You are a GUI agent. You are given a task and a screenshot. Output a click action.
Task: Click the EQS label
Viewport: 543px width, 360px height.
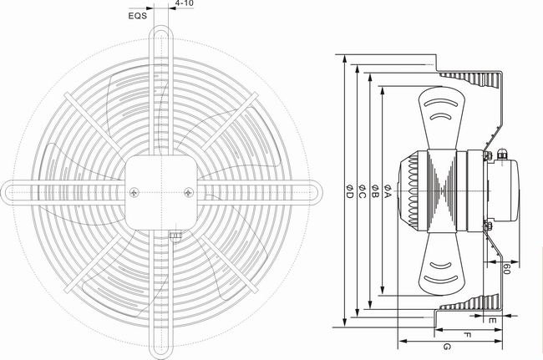coord(138,16)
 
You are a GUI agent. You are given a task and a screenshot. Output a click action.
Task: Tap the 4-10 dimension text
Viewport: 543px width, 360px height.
coord(185,3)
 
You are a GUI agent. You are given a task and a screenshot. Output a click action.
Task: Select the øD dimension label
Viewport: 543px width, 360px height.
coord(349,191)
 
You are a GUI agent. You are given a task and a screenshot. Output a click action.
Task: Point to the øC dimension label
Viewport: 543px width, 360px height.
coord(362,191)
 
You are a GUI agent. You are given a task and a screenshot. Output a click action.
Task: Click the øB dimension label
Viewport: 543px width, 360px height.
coord(375,191)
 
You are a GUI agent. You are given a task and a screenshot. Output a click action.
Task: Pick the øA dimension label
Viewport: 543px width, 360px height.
coord(387,191)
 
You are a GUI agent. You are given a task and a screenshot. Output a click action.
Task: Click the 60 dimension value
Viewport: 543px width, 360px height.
coord(506,269)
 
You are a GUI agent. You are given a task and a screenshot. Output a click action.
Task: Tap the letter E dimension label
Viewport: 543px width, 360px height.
coord(492,321)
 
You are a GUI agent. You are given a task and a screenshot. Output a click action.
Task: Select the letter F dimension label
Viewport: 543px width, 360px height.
coord(467,335)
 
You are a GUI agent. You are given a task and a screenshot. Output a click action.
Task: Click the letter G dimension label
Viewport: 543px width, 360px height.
coord(447,347)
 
